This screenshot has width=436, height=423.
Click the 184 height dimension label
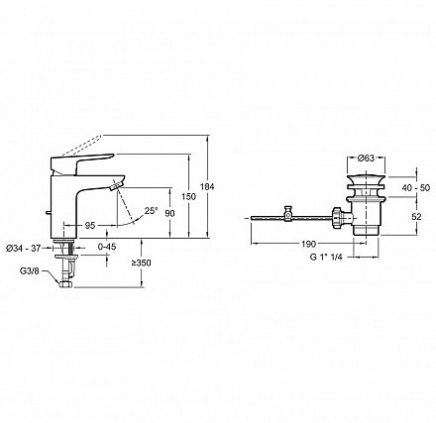(207, 186)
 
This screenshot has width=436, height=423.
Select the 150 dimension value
(189, 196)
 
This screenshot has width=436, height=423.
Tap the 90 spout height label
(169, 213)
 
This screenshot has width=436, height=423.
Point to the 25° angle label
(151, 210)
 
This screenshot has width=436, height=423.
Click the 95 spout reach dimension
(90, 226)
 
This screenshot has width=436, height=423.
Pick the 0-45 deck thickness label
(108, 247)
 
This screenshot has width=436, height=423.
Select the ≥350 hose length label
(142, 263)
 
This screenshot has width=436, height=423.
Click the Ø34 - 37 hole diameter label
(24, 248)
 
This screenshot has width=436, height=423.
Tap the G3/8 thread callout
(30, 271)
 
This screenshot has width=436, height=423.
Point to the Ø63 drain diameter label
(366, 159)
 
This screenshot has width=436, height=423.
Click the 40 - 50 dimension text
(416, 187)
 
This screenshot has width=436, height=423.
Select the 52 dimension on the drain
(417, 217)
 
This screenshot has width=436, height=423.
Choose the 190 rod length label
(309, 244)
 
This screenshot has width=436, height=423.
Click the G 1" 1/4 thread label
(326, 257)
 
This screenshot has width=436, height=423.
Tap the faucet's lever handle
(81, 161)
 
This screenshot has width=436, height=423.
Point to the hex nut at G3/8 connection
(65, 284)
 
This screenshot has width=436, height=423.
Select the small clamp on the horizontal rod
(288, 214)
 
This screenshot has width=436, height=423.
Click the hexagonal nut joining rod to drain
(337, 217)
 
